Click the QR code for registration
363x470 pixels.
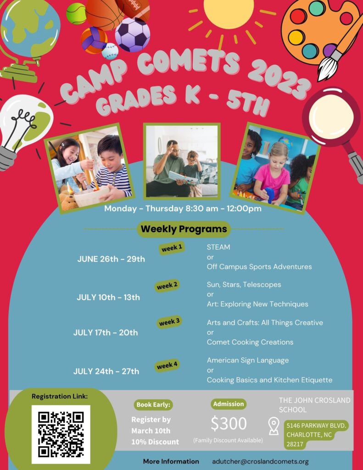click(x=61, y=434)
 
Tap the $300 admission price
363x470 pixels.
click(x=229, y=423)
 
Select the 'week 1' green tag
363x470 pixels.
click(x=172, y=248)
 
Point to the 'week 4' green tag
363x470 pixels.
click(x=167, y=365)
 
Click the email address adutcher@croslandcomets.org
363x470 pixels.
click(x=260, y=462)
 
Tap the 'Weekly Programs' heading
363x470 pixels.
click(x=184, y=229)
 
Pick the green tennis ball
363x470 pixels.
click(x=76, y=13)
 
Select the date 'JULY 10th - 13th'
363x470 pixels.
click(x=108, y=297)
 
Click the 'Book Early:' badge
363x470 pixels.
click(x=153, y=405)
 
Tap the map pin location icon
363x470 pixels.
click(x=274, y=426)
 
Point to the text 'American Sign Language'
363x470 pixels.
click(x=248, y=360)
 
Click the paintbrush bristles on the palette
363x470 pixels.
click(x=327, y=67)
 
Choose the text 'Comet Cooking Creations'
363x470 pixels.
click(x=250, y=342)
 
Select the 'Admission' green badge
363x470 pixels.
click(x=229, y=404)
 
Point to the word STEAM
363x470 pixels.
click(x=218, y=247)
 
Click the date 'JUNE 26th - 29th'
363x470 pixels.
click(x=111, y=259)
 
